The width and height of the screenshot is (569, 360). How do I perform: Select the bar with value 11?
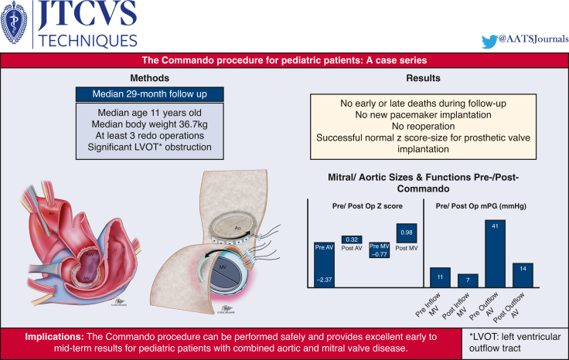(440, 279)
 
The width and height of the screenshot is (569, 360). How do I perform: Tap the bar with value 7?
(468, 282)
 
